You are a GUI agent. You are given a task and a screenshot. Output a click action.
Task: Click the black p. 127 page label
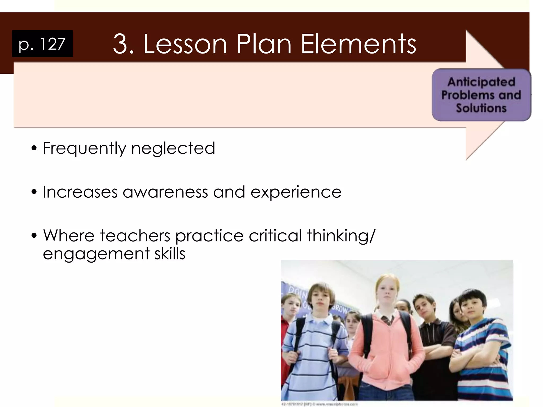click(42, 44)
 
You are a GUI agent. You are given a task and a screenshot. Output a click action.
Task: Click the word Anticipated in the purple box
click(481, 82)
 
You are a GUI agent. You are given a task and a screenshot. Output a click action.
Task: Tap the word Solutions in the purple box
click(481, 108)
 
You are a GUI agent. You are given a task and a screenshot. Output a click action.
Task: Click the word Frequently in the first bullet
click(84, 148)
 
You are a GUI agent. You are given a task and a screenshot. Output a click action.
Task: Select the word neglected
click(173, 148)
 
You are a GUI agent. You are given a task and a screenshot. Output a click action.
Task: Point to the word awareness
click(165, 192)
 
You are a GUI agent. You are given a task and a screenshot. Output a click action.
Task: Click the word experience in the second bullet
click(296, 192)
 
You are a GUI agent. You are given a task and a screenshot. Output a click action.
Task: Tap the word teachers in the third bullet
click(135, 236)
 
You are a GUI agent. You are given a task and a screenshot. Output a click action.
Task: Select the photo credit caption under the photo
click(319, 404)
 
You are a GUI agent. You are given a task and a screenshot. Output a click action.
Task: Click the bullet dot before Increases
click(34, 192)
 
